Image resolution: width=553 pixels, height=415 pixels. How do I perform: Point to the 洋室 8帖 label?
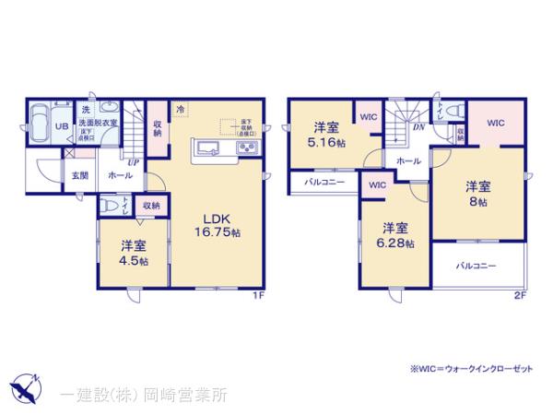click(476, 194)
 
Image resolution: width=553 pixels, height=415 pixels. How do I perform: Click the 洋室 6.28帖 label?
click(394, 235)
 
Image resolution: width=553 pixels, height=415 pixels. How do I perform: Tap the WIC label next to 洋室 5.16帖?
click(368, 117)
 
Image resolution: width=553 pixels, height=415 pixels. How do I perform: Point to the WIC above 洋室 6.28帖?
click(376, 185)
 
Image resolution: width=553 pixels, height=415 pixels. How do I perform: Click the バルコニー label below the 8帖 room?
click(477, 266)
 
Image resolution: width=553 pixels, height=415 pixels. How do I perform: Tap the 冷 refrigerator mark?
click(182, 107)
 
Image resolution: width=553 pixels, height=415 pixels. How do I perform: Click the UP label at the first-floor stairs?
click(134, 162)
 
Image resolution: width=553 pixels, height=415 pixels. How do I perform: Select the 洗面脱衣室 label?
click(97, 124)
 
